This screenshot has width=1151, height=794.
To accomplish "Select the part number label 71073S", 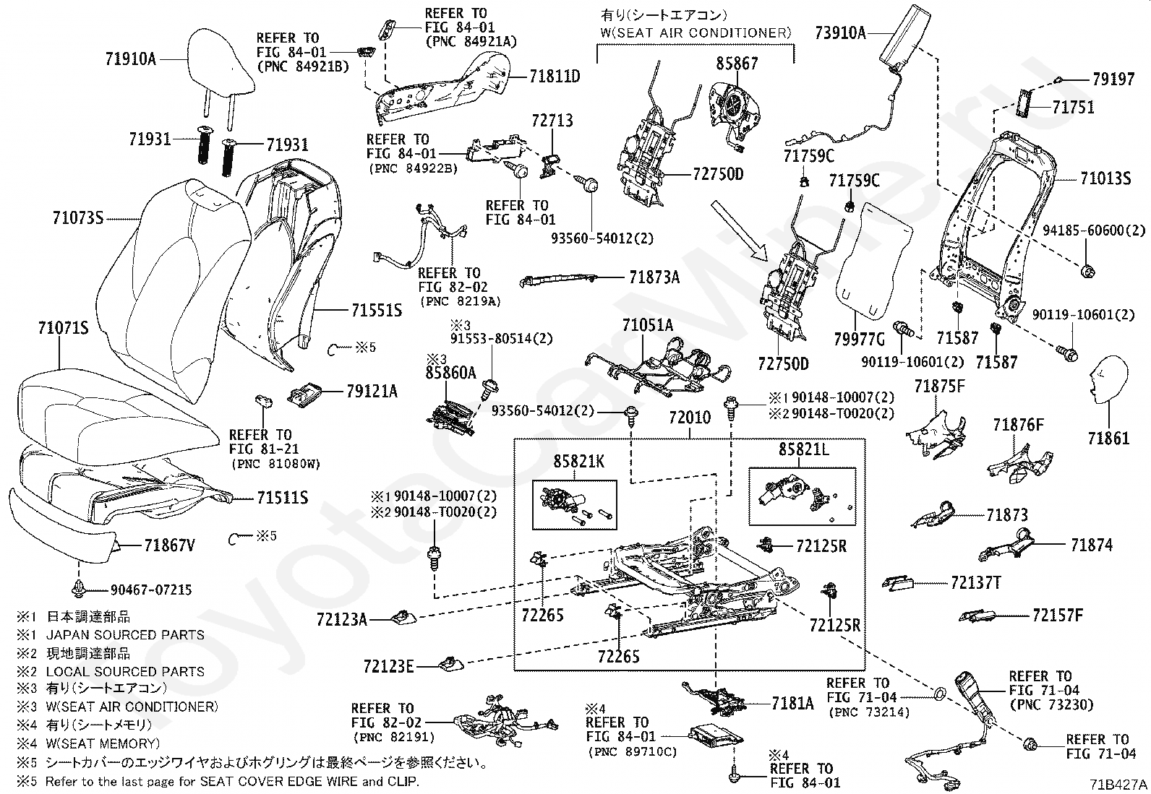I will click(78, 217).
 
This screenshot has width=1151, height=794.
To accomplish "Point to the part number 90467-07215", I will click(151, 590).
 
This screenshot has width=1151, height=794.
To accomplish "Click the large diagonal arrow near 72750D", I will click(735, 229).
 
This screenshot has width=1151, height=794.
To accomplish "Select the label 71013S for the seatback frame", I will click(1105, 178).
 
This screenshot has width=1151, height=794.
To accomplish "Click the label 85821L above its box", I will click(803, 449).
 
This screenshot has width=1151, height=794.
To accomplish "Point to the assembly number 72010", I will click(689, 418).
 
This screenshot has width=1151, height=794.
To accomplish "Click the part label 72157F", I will click(1058, 616).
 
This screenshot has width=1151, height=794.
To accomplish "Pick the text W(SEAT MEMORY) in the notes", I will click(103, 743).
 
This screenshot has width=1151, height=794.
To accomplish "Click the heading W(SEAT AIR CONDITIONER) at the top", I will click(696, 33).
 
